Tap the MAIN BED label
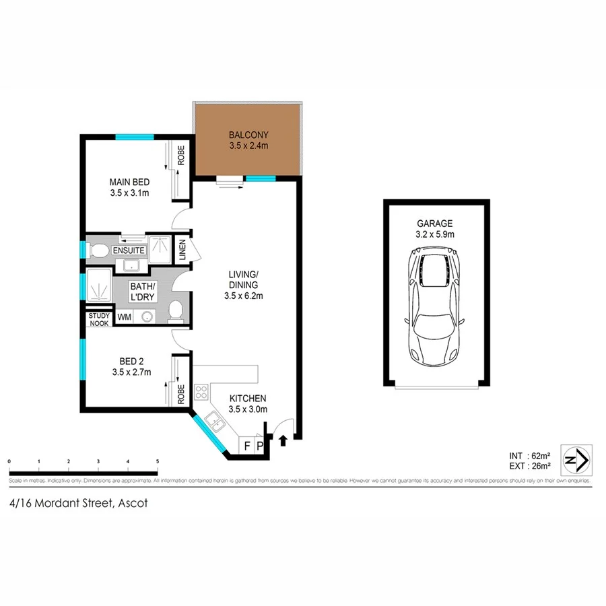click(x=129, y=182)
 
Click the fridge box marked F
click(x=246, y=445)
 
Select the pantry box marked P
click(x=259, y=445)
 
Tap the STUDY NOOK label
click(x=98, y=319)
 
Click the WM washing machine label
click(x=125, y=316)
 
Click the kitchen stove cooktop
click(x=201, y=391)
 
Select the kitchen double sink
click(x=215, y=421)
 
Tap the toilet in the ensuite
click(x=99, y=251)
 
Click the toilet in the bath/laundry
click(x=175, y=311)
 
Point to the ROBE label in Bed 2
click(x=180, y=395)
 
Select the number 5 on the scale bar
click(x=157, y=461)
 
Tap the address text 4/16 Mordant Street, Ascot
click(x=79, y=503)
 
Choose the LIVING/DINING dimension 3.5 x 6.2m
click(x=244, y=296)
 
